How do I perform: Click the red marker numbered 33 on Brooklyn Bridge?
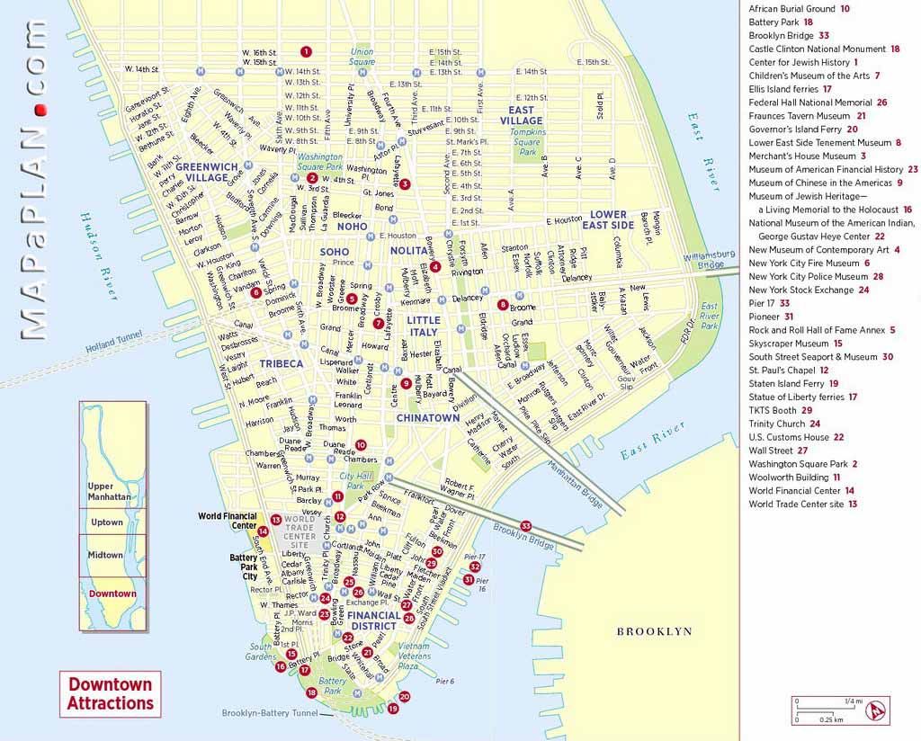[526, 526]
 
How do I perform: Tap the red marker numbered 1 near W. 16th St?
[306, 51]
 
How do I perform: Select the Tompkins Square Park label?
[526, 142]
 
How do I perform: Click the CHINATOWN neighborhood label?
[428, 418]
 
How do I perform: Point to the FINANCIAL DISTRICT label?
[374, 621]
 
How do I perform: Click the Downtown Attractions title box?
[111, 693]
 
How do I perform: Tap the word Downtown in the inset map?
[112, 594]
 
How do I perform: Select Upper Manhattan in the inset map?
[111, 491]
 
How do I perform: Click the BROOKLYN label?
[654, 632]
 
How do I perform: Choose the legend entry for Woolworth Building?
[788, 478]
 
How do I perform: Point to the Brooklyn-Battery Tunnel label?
[270, 713]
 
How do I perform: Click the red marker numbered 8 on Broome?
[503, 304]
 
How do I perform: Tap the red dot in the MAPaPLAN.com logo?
[39, 109]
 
